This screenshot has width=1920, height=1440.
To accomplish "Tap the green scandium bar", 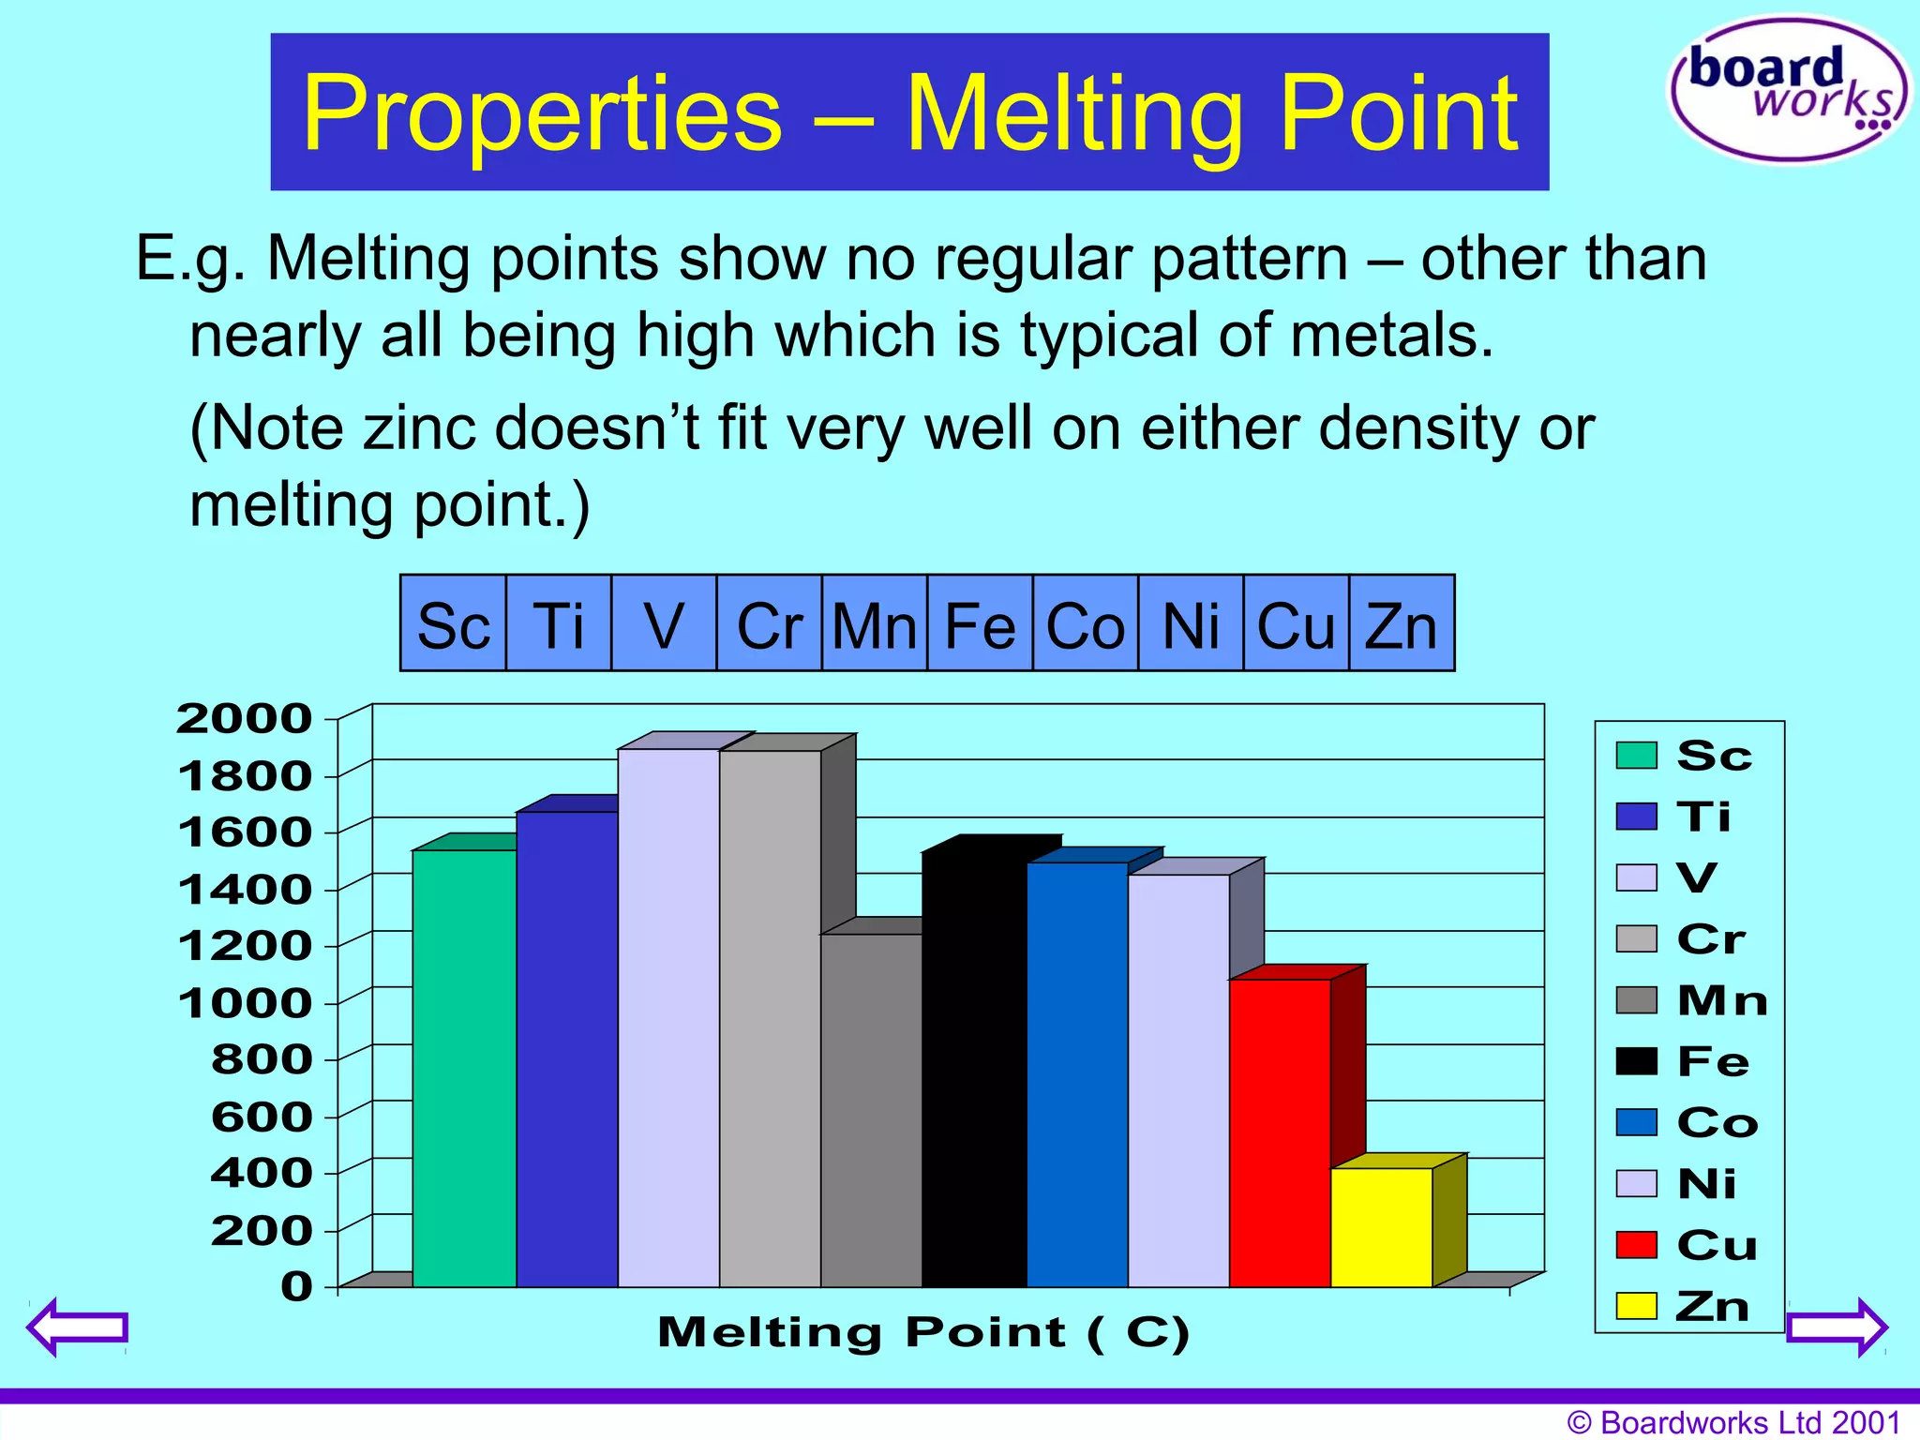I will (464, 1069).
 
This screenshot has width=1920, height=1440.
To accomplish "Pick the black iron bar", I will (974, 1069).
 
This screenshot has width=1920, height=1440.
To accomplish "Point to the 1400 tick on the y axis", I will (245, 890).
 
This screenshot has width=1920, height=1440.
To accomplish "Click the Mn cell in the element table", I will (874, 624).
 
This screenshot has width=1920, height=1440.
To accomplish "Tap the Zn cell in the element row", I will (1401, 624).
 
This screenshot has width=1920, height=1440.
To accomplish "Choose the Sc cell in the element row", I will (454, 624).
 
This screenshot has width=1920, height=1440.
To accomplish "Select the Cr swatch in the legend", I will (1636, 938).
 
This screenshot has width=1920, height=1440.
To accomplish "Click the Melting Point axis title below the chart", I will (922, 1332).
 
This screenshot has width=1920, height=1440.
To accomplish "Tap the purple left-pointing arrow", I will (77, 1327).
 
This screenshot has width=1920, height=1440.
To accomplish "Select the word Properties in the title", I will (542, 113).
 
